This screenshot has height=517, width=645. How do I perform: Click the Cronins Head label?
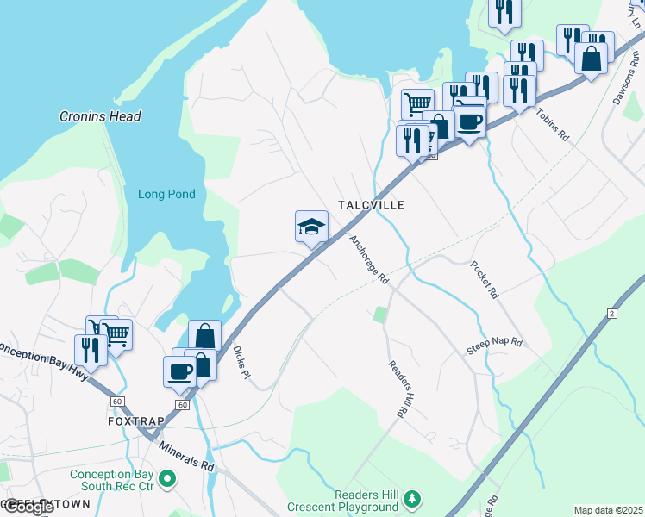point(100,116)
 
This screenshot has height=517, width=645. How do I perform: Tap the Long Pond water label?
point(166,195)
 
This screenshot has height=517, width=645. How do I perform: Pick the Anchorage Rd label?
point(369,259)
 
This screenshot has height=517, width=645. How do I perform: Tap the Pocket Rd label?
point(484,280)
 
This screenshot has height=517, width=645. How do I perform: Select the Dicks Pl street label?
point(241,363)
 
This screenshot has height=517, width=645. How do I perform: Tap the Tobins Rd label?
point(552,124)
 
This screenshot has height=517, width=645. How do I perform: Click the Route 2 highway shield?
point(613,313)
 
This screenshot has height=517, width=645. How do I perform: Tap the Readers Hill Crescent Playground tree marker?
point(413,499)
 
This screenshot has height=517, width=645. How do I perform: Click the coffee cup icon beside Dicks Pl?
point(179,371)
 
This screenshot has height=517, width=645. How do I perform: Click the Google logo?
point(28,507)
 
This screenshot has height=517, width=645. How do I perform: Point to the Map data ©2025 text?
point(608,510)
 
